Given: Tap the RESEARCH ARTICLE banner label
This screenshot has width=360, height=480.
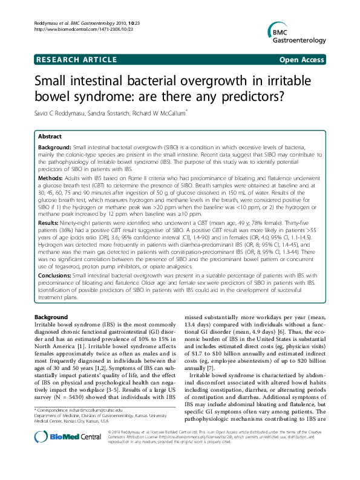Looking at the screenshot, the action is click(x=76, y=60).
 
